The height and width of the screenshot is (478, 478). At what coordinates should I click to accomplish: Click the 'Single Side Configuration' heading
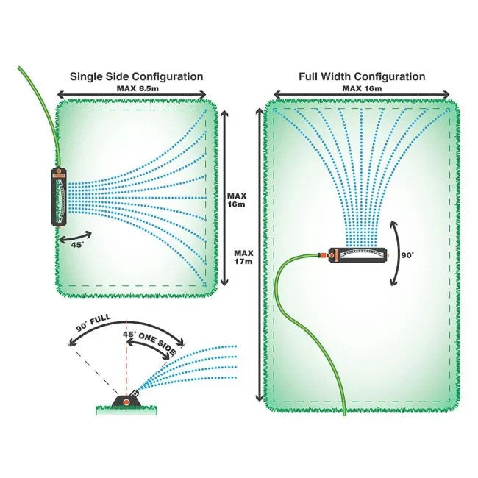(x=136, y=76)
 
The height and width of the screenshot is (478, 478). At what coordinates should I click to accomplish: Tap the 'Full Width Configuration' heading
(x=362, y=76)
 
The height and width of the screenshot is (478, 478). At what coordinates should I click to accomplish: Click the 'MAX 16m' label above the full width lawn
(x=362, y=88)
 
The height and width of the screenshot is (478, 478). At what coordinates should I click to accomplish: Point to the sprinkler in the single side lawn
(x=59, y=197)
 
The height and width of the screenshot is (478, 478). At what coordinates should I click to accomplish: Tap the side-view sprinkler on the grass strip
(x=126, y=400)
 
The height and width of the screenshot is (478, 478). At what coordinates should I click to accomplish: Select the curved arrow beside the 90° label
(x=394, y=254)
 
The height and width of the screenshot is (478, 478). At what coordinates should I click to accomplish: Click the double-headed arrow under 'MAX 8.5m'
(x=132, y=95)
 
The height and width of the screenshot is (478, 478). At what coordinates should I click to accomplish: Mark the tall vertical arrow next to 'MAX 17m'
(x=258, y=254)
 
